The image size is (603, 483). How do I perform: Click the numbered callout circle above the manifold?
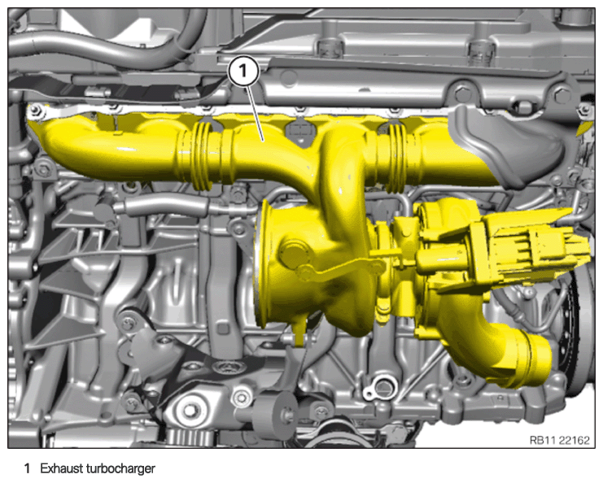click(243, 72)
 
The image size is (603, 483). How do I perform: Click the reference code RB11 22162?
click(559, 440)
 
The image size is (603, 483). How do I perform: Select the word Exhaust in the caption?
click(62, 469)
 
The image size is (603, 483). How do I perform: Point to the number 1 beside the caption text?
click(27, 469)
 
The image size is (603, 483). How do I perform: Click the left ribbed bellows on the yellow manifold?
click(203, 157)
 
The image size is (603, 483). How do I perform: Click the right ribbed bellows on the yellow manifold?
click(397, 159)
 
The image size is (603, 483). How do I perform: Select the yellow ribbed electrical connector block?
click(535, 250)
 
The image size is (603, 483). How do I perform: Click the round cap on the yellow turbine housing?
click(291, 252)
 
